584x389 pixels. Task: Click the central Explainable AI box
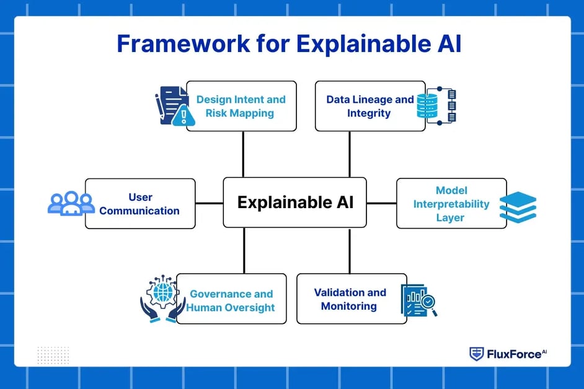click(294, 203)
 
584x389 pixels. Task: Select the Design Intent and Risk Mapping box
click(241, 106)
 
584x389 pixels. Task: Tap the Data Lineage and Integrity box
click(369, 106)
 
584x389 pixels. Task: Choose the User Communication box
click(140, 204)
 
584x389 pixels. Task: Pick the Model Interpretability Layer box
click(451, 204)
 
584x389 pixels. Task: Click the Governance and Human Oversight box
click(231, 300)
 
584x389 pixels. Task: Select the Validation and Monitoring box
click(351, 299)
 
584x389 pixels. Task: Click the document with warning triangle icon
click(172, 106)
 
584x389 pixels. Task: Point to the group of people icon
click(71, 203)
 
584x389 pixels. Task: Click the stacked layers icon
click(518, 208)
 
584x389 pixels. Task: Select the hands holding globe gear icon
click(162, 299)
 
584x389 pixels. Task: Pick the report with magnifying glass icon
click(418, 300)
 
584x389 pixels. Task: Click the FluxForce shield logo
click(476, 354)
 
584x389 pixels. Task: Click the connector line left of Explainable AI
click(209, 203)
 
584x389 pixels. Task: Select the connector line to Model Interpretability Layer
click(381, 203)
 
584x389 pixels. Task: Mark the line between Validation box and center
click(350, 251)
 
